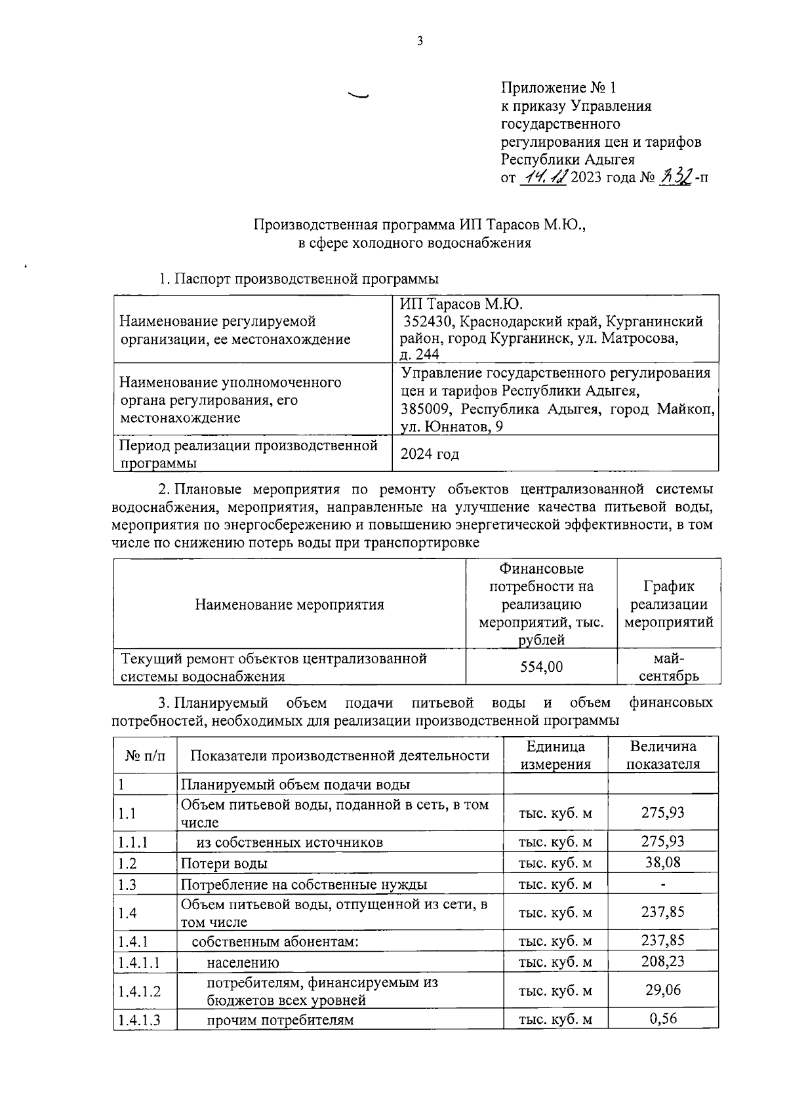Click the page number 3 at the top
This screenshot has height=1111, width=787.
coord(420,41)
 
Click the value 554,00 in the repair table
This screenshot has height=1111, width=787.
coord(541,667)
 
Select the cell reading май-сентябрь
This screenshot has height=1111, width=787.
coord(668,667)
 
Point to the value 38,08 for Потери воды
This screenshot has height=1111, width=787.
coord(662,862)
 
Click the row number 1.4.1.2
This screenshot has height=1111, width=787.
coord(139,991)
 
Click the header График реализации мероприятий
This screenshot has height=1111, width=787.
coord(668,604)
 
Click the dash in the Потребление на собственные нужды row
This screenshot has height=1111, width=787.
coord(663,884)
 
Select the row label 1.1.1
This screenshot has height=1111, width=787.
coord(132,842)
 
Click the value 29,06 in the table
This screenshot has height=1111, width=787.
coord(662,990)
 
